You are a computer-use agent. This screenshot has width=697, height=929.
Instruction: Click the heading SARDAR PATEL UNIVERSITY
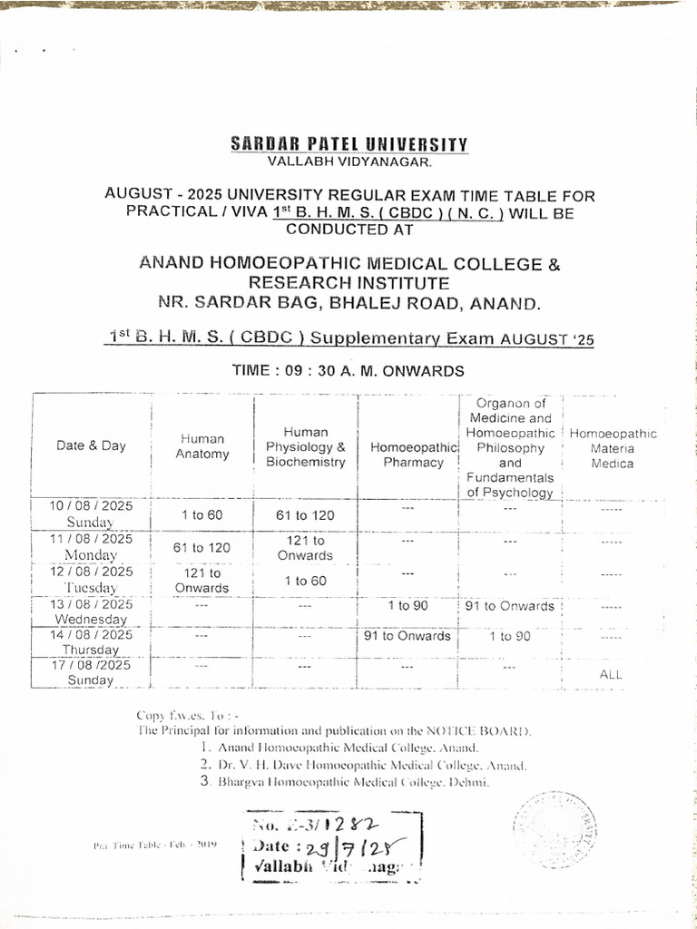tap(349, 144)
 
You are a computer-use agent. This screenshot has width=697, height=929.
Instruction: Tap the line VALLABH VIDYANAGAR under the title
tap(349, 161)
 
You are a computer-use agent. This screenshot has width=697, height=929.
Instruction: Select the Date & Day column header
tap(92, 445)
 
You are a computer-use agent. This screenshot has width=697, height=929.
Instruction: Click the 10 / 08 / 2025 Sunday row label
tap(91, 513)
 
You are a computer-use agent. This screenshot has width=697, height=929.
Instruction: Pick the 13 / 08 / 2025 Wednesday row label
tap(91, 611)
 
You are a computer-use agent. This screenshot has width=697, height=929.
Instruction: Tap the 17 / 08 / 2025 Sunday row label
tap(91, 673)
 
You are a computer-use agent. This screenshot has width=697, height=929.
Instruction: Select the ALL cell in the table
tap(612, 674)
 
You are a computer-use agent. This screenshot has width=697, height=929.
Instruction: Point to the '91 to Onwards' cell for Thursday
tap(407, 636)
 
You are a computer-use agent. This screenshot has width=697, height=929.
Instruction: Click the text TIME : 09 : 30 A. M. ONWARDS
tap(349, 370)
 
